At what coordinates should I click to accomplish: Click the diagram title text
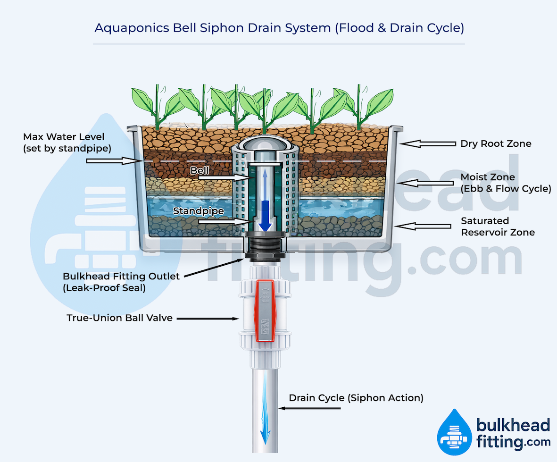click(279, 27)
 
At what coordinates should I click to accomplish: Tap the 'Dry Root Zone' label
click(496, 143)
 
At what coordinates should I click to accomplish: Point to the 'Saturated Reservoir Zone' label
click(498, 227)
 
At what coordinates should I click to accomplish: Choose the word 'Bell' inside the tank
click(200, 170)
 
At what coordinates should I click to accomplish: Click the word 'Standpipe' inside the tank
click(198, 211)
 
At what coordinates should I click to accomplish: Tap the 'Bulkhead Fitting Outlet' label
click(121, 281)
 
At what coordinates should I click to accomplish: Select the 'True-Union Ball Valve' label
click(120, 318)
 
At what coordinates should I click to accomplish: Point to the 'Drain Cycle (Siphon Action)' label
click(356, 398)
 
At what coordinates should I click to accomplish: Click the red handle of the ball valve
click(264, 310)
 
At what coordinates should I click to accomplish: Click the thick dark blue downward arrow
click(266, 215)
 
